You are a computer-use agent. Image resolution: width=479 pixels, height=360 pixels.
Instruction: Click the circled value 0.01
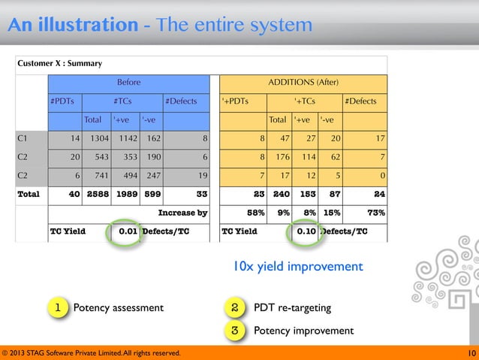click(126, 231)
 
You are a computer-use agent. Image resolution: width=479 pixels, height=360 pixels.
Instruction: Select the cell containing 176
click(282, 157)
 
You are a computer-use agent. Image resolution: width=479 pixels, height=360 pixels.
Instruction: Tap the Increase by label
click(182, 213)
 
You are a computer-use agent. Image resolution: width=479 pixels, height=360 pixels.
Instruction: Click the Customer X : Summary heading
click(60, 63)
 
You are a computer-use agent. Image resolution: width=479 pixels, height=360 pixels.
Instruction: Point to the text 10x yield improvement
click(297, 267)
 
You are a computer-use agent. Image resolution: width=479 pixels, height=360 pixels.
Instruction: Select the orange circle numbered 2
click(235, 307)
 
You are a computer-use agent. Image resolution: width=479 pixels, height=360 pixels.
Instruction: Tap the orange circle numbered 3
click(235, 330)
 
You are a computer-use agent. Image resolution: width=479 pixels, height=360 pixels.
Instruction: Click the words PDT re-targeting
click(291, 307)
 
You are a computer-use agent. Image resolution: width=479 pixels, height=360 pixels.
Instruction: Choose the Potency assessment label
click(118, 307)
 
